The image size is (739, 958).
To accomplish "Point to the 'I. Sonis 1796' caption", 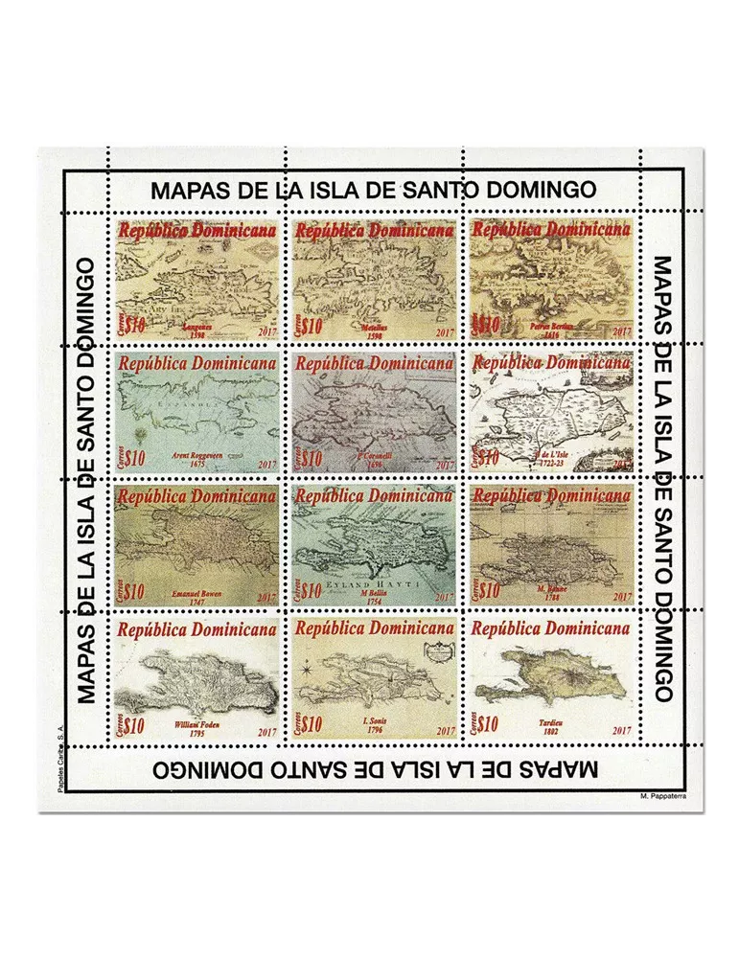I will [375, 727].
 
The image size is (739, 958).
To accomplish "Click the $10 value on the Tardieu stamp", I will [488, 724].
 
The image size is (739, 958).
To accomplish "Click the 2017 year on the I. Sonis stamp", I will [444, 731].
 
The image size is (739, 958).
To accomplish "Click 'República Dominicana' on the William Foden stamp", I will [196, 629].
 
